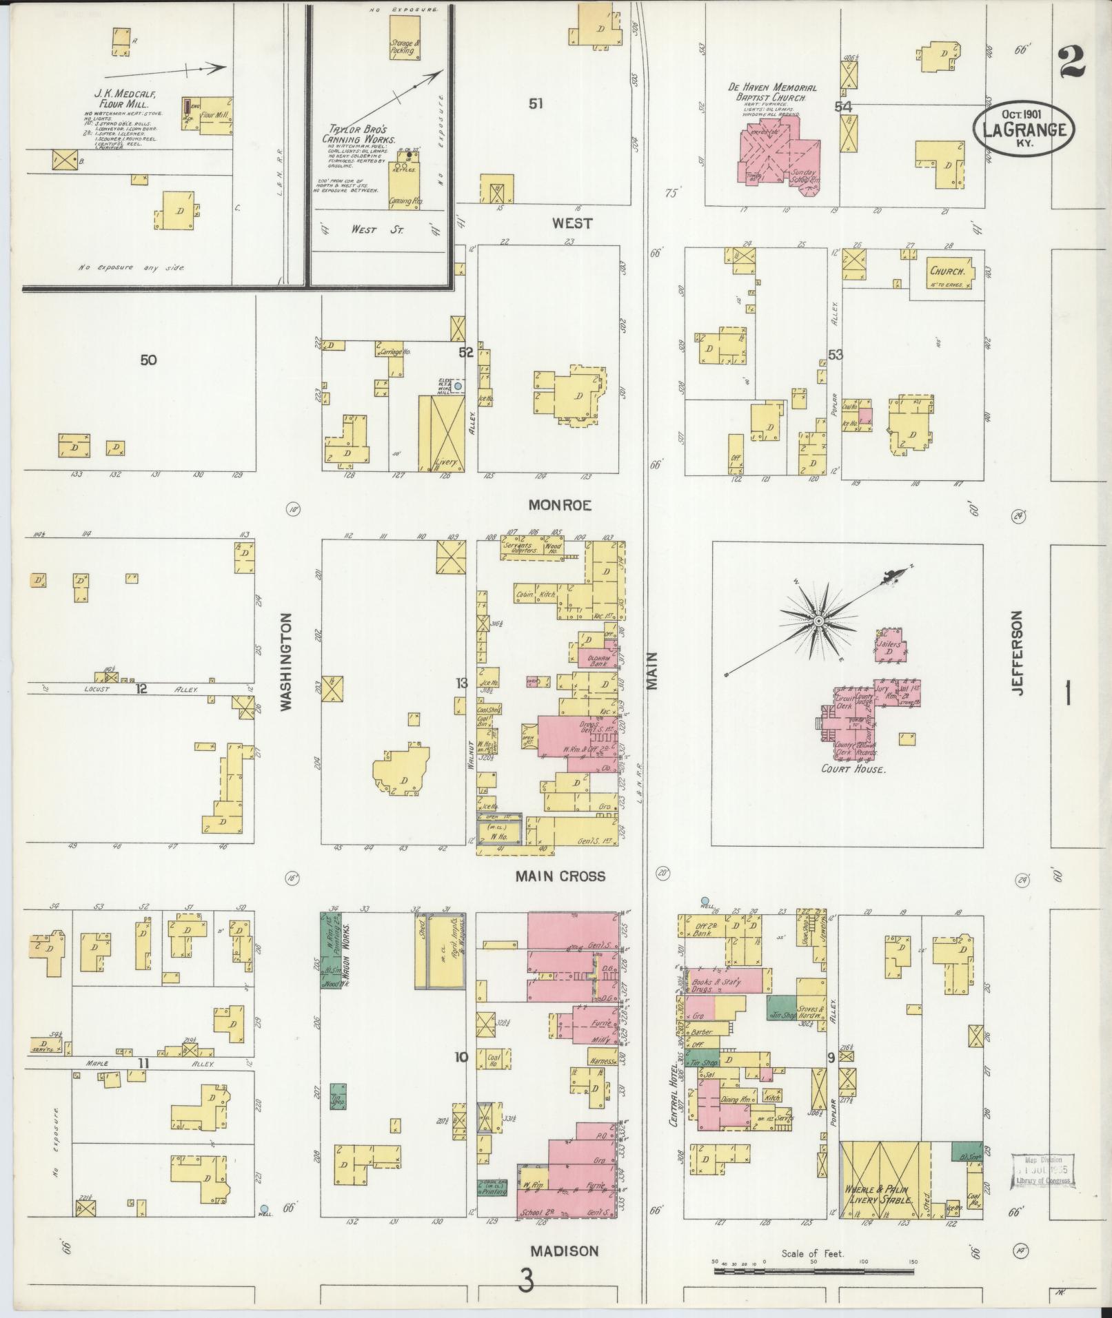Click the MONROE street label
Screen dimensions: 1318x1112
(x=560, y=505)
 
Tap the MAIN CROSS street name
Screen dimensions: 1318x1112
(x=560, y=876)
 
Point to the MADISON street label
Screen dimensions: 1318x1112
(x=564, y=1251)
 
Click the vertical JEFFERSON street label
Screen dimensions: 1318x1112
(x=1019, y=652)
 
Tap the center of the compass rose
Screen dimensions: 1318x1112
(x=818, y=621)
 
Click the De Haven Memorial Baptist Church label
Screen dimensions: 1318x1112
(x=772, y=94)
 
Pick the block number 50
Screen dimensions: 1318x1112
(x=148, y=360)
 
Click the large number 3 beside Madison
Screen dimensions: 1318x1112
(x=526, y=1282)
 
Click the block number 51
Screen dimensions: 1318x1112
(x=536, y=103)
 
